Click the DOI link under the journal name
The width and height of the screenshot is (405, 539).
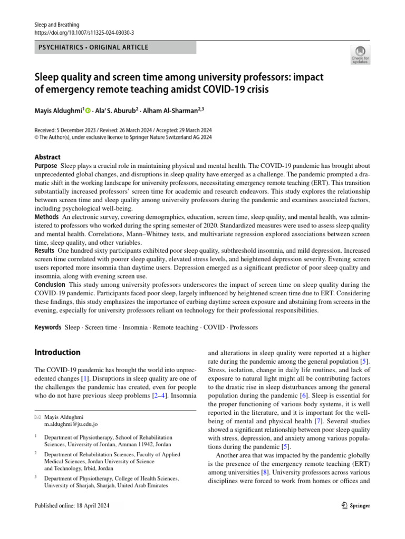pyautogui.click(x=84, y=32)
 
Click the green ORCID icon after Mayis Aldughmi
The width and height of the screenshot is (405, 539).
pyautogui.click(x=88, y=111)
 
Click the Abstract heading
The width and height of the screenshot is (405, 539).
pyautogui.click(x=47, y=157)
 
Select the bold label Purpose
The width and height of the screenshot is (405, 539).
pyautogui.click(x=46, y=166)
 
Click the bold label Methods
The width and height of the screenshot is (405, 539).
pyautogui.click(x=46, y=217)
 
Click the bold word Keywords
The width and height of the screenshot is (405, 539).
pyautogui.click(x=48, y=327)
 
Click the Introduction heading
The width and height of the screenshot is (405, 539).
pyautogui.click(x=57, y=352)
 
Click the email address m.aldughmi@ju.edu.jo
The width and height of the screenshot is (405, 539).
pyautogui.click(x=71, y=424)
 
